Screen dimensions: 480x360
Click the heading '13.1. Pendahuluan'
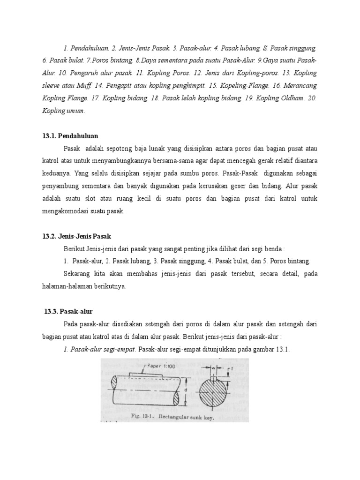70,135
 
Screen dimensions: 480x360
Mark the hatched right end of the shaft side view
176,398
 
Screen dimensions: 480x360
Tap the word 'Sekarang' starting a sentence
77,273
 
